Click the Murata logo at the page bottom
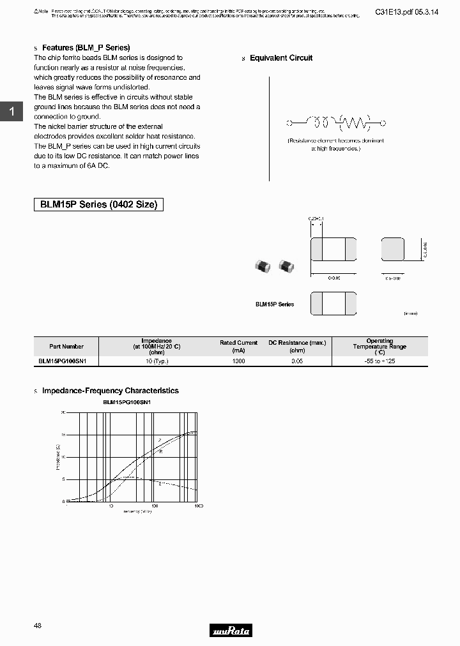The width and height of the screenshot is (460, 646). pos(231,631)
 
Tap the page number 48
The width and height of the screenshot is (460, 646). pos(38,626)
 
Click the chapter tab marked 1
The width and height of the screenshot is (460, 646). pos(11,112)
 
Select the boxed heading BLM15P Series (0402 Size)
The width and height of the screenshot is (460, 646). pos(98,205)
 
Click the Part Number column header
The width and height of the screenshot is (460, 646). pos(66,346)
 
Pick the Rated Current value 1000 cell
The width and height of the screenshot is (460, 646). pos(238,361)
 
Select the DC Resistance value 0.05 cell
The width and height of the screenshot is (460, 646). pos(297,361)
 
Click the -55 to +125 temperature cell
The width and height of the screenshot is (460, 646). pos(379,361)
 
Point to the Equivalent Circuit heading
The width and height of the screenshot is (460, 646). pos(281,58)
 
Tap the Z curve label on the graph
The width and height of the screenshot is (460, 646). pos(160,440)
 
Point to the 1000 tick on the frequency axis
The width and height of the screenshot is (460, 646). pos(198,506)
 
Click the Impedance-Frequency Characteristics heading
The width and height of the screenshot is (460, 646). pos(110,391)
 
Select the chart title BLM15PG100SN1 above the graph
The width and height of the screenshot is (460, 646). pos(126,403)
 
